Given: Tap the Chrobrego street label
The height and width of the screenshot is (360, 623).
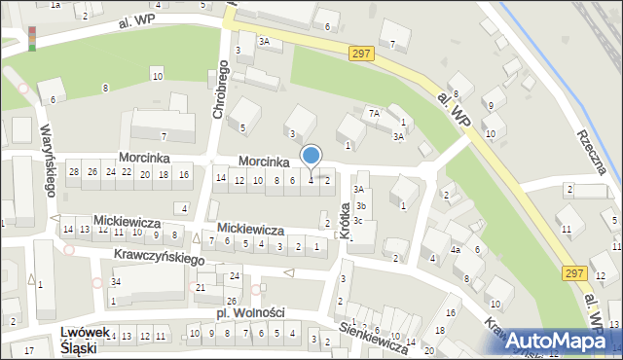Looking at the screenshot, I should click(x=219, y=93).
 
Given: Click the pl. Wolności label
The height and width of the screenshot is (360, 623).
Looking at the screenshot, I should click(x=250, y=312).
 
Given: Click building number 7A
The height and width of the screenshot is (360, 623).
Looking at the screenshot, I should click(x=373, y=113).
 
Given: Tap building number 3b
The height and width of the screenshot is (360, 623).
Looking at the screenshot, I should click(x=359, y=205).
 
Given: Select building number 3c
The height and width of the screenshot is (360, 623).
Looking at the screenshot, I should click(x=358, y=221).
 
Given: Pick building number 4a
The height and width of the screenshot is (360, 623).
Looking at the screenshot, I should click(x=455, y=250).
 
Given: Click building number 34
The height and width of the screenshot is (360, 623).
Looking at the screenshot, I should click(x=115, y=281).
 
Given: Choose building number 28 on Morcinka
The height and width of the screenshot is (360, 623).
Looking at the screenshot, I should click(x=73, y=171).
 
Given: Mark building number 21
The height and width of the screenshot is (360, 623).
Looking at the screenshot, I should click(x=201, y=287).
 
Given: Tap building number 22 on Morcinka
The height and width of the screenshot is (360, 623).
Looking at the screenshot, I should click(x=126, y=172).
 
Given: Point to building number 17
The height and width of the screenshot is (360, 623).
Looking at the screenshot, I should click(x=29, y=349).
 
